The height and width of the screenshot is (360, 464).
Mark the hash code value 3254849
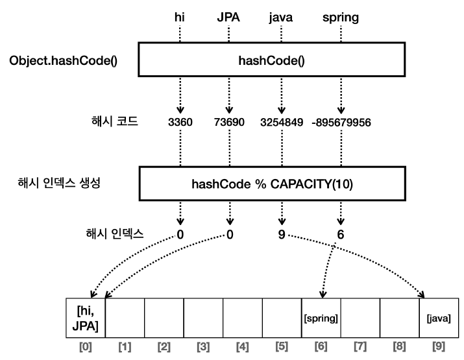tap(281, 121)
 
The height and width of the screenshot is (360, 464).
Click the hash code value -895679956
tap(341, 121)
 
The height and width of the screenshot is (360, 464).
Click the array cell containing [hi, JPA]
tap(86, 317)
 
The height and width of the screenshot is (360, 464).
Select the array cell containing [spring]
tap(321, 318)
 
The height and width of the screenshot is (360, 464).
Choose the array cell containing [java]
tap(439, 318)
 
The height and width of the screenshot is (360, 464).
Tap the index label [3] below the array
tap(203, 348)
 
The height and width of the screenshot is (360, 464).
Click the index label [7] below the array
tap(360, 348)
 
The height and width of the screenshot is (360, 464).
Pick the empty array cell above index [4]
tap(243, 317)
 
